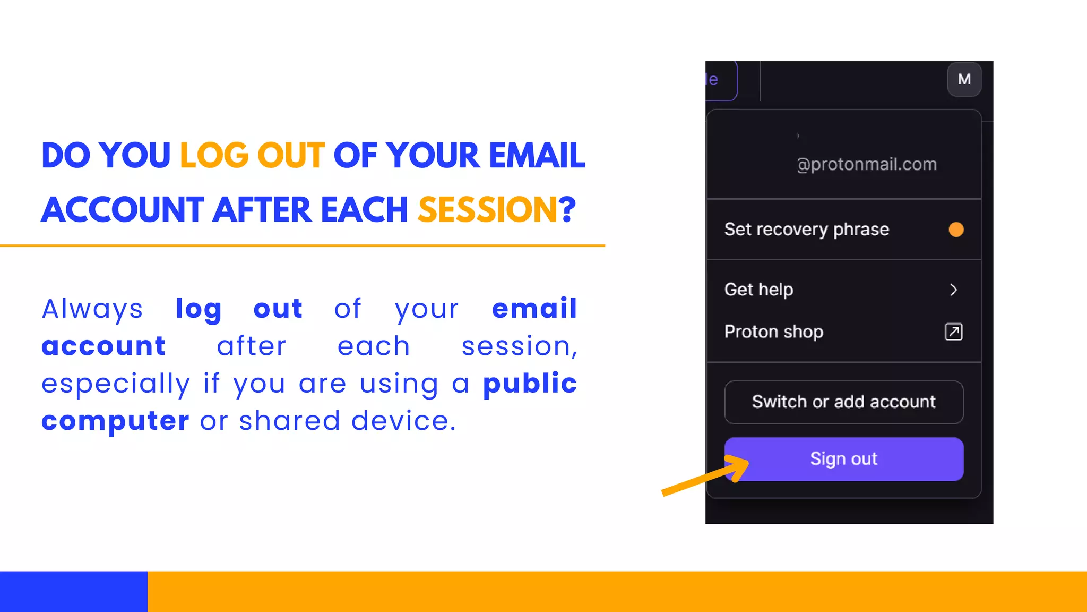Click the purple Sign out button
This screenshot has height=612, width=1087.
[844, 459]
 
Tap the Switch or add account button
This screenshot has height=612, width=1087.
[844, 402]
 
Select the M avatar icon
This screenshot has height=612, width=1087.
[964, 79]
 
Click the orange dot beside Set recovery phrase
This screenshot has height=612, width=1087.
[956, 229]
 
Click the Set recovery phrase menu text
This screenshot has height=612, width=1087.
[806, 229]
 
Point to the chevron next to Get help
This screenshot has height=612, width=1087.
[953, 290]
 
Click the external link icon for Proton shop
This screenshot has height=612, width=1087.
[953, 332]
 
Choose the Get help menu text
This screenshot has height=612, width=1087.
[758, 290]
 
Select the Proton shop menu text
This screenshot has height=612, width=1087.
[773, 332]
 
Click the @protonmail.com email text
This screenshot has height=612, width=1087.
[866, 164]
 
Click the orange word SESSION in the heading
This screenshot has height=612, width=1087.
[487, 209]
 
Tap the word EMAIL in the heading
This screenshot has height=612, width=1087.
[537, 156]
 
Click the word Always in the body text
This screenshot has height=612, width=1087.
[92, 309]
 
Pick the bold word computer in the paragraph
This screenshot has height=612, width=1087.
[115, 421]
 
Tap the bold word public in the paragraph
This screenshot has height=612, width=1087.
[530, 383]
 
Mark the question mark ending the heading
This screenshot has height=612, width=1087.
[567, 209]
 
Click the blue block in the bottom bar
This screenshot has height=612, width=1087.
[73, 591]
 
